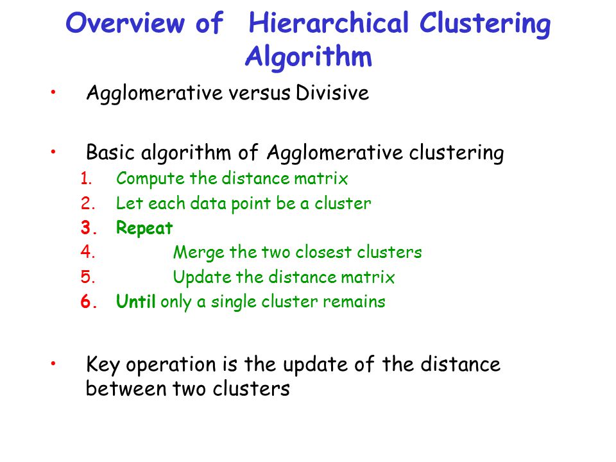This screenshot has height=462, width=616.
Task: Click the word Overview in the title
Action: tap(125, 23)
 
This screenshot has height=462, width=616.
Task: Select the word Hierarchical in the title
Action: tap(329, 23)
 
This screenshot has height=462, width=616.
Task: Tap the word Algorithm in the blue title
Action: tap(309, 57)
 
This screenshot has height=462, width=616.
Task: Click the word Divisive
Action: tap(332, 93)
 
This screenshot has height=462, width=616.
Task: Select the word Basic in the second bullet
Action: tap(110, 153)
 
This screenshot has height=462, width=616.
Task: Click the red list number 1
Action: tap(86, 179)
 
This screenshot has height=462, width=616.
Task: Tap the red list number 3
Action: tap(89, 228)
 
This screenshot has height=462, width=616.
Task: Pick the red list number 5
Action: tap(88, 277)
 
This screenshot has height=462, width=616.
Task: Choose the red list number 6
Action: tap(89, 302)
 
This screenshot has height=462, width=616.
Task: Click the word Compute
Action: tap(150, 179)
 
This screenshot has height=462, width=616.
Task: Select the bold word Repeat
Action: tap(144, 228)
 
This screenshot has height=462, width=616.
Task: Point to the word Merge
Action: tap(199, 253)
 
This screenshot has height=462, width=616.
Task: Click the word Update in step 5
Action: tap(202, 277)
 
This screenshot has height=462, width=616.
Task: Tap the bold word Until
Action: tap(136, 302)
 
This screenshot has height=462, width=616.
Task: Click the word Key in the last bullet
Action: tap(103, 364)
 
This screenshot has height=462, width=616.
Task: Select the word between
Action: tap(126, 389)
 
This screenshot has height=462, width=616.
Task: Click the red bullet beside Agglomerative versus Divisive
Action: tap(53, 92)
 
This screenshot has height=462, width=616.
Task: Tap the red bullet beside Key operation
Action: tap(53, 363)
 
